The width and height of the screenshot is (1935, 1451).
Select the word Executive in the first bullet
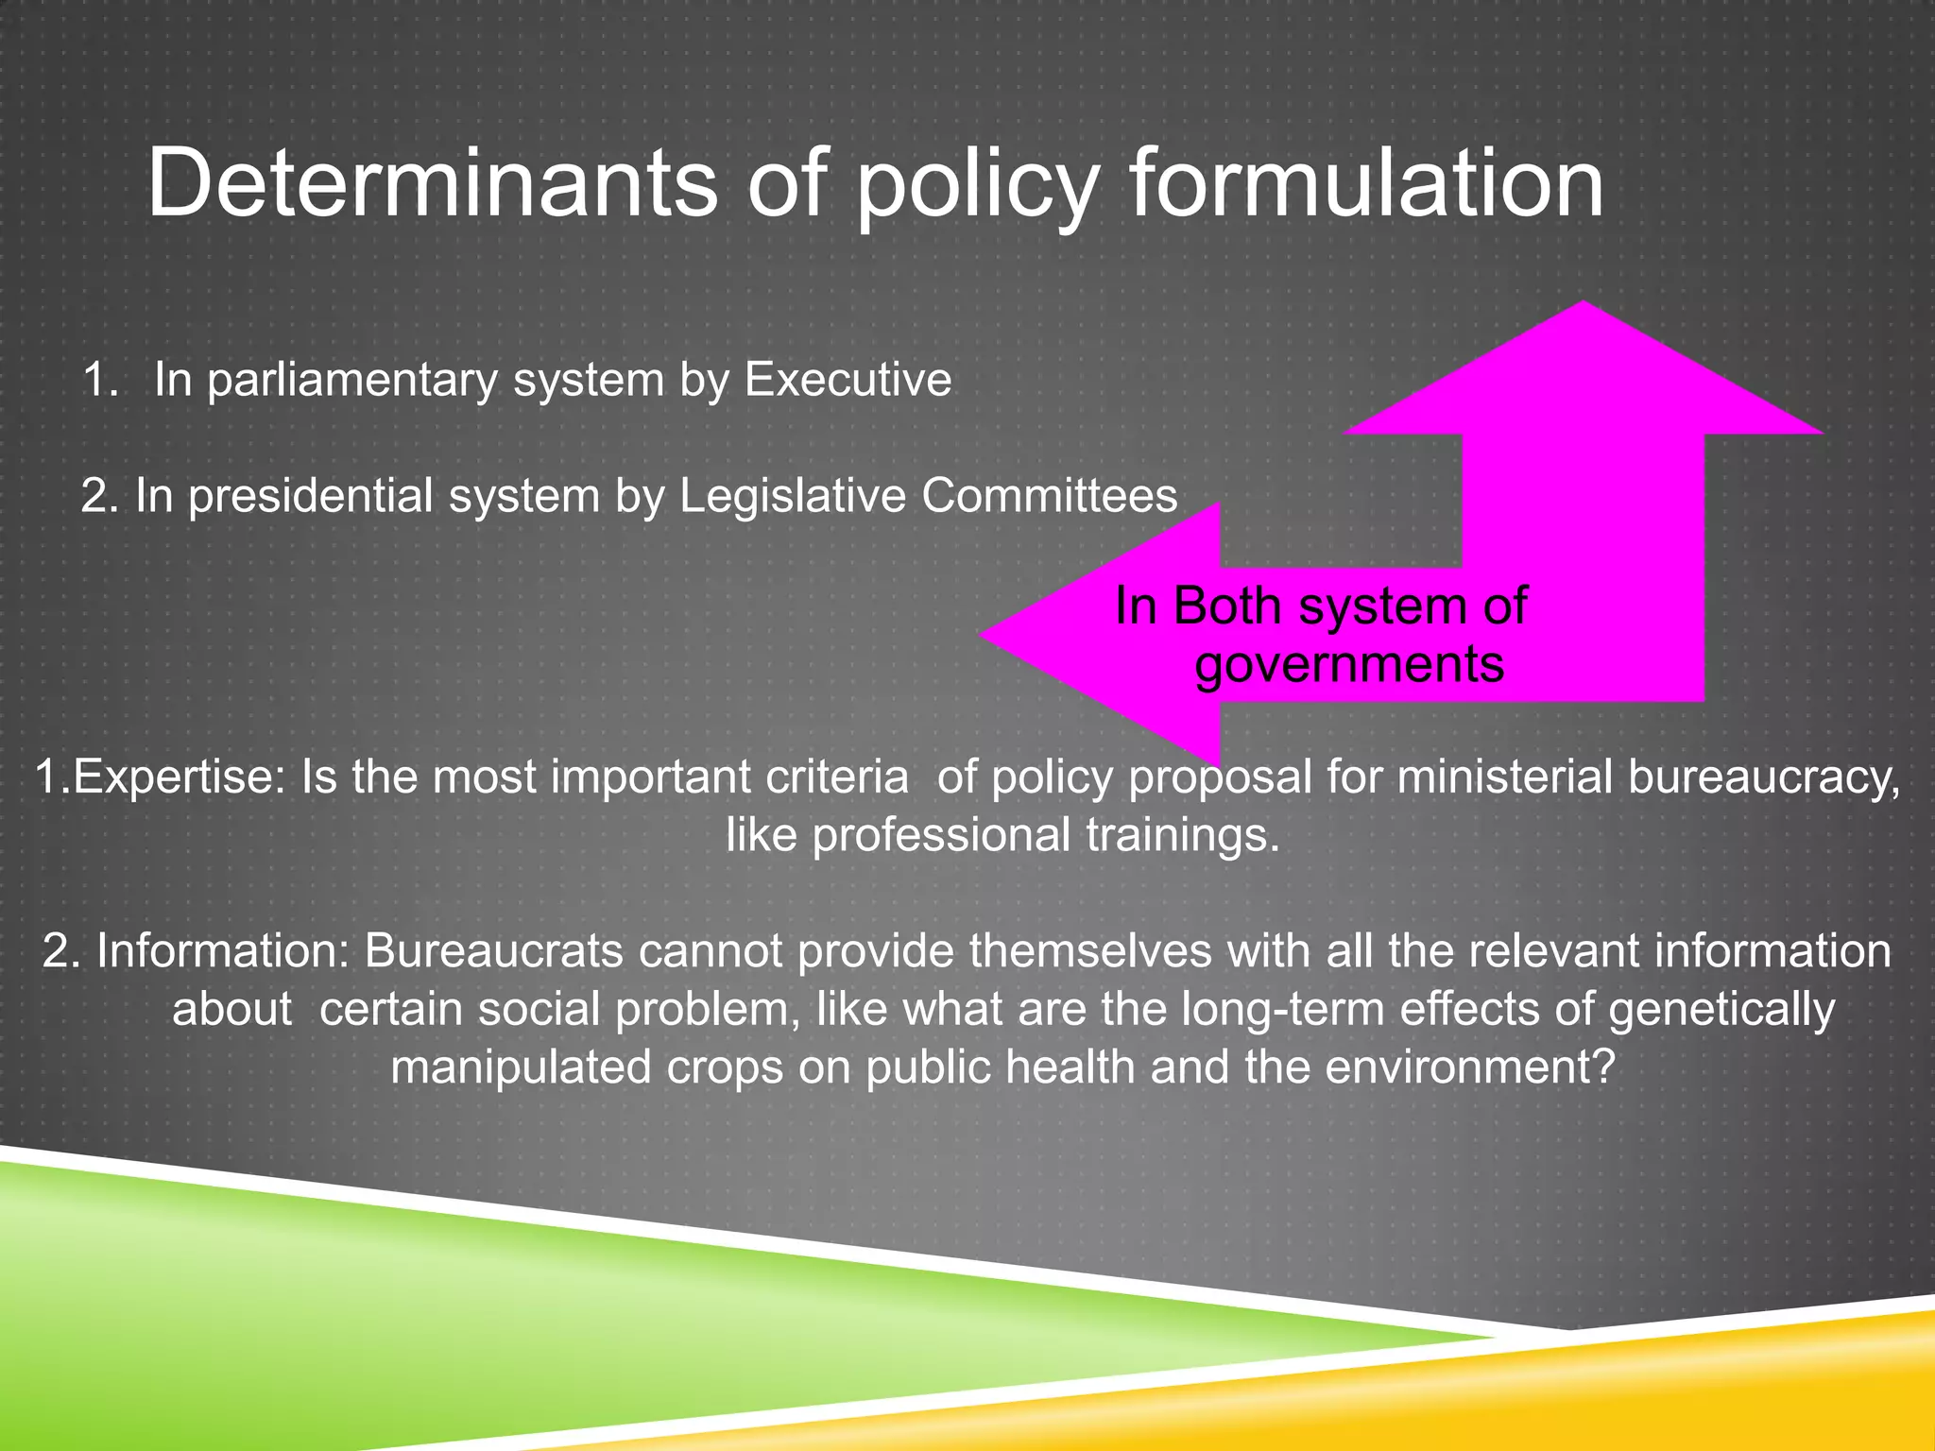pos(848,380)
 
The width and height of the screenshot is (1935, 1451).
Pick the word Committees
pos(1050,496)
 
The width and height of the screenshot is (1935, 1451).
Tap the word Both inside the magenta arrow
pos(1227,606)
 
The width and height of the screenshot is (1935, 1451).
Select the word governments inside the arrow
pos(1349,664)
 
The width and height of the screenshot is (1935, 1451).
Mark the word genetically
pos(1721,1009)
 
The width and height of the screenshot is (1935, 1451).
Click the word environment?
pos(1470,1067)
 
